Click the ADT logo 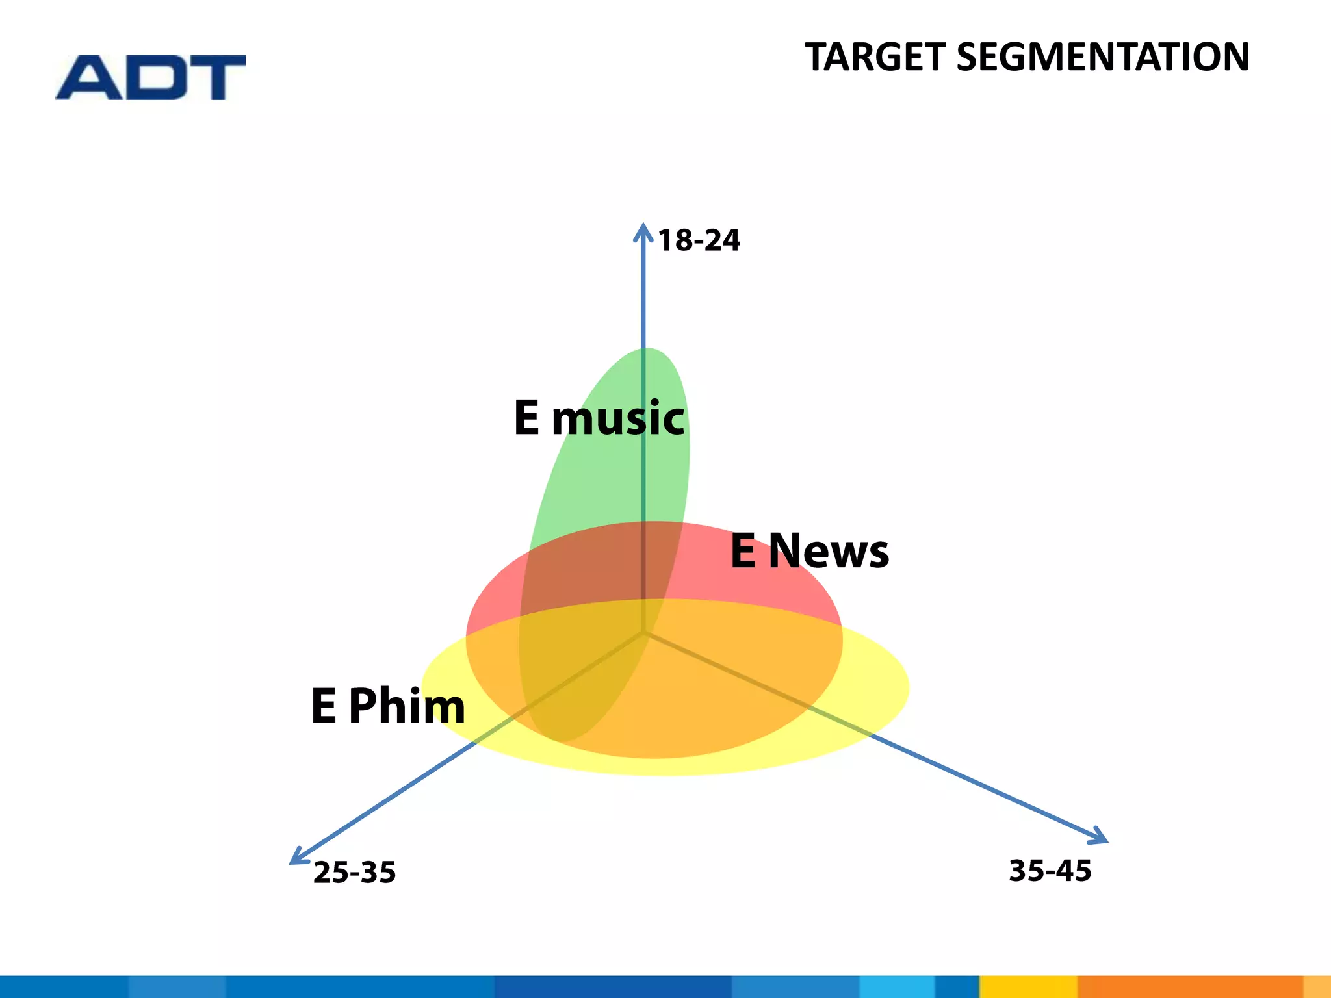[151, 77]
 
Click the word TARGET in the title [875, 57]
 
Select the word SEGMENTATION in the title [1103, 57]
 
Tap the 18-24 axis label [699, 240]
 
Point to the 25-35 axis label [354, 873]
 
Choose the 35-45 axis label [1050, 871]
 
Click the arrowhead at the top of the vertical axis [643, 229]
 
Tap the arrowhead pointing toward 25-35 [296, 859]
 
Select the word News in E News [829, 552]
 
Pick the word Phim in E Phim [407, 706]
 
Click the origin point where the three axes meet [643, 632]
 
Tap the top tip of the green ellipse [647, 350]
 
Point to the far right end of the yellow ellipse [907, 687]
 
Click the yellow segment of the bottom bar [1028, 987]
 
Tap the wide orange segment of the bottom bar [1189, 987]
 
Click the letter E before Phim [324, 706]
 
